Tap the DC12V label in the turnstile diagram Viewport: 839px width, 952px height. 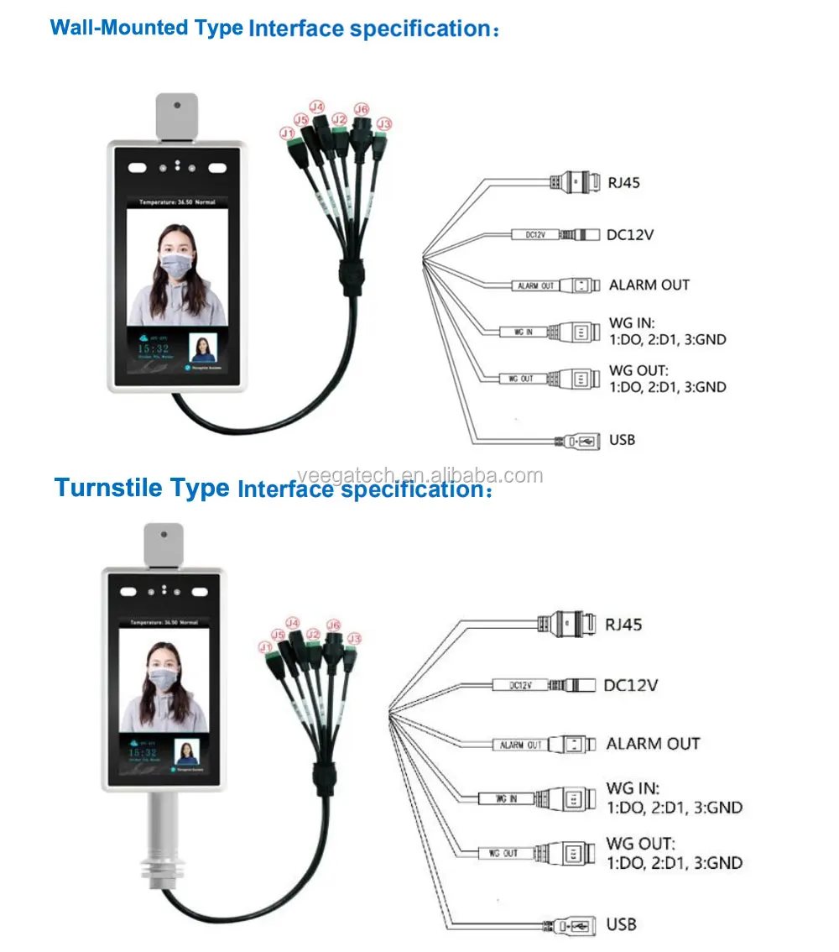click(631, 685)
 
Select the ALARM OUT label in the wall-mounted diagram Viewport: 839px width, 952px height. click(649, 285)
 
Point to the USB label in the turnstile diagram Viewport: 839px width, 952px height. click(621, 924)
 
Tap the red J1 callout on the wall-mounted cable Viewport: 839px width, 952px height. click(287, 133)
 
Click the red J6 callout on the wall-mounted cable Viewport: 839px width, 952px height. click(361, 109)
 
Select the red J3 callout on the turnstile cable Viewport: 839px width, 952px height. click(355, 639)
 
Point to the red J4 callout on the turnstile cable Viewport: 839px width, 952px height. click(293, 623)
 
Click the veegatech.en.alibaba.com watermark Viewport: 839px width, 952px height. click(419, 476)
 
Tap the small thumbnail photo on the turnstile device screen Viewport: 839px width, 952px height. click(185, 751)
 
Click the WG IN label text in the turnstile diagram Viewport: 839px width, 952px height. click(633, 789)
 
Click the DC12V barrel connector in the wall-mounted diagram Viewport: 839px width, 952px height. click(578, 234)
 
